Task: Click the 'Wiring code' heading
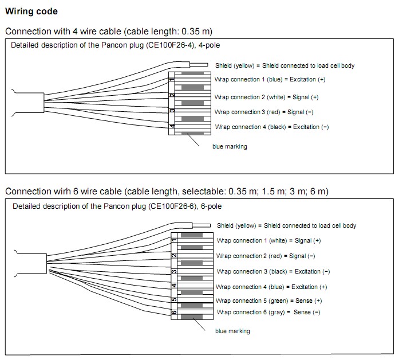[31, 11]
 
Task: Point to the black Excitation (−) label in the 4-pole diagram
[272, 127]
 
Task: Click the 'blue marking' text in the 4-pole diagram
[230, 147]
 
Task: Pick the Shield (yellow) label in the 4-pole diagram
[285, 65]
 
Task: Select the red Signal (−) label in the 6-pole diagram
[266, 256]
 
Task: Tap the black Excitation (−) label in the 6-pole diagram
[273, 271]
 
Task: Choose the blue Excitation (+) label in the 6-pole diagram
[271, 287]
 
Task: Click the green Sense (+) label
[268, 300]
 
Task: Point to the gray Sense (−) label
[268, 312]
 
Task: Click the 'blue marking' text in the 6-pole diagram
[232, 331]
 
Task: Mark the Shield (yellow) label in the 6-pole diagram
[286, 225]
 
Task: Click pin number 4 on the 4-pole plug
[172, 127]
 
